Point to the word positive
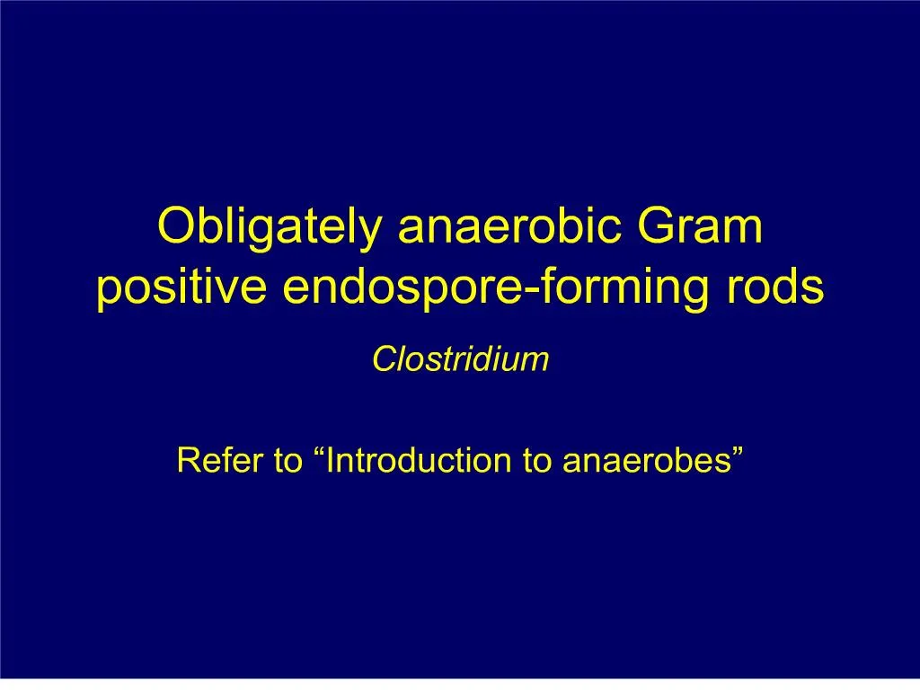(181, 287)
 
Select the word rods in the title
(783, 287)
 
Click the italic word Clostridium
(460, 360)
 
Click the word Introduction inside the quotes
(420, 461)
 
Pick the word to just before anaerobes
(537, 461)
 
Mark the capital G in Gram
(659, 227)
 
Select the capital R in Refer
(187, 461)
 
